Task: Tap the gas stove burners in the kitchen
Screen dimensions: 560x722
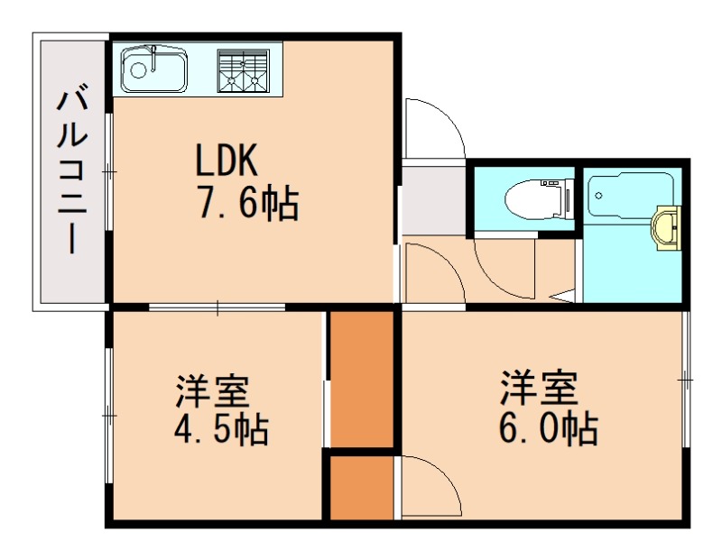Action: tap(243, 70)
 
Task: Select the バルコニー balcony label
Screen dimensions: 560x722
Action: tap(72, 171)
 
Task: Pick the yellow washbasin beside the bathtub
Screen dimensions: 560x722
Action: tap(667, 225)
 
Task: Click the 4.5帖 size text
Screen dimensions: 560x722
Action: tap(221, 429)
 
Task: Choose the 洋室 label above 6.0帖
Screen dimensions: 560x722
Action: tap(539, 389)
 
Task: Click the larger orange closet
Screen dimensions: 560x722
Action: tap(362, 378)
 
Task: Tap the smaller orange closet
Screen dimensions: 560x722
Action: tap(361, 488)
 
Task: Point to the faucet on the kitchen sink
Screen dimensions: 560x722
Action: tap(155, 56)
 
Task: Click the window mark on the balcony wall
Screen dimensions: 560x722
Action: tap(108, 170)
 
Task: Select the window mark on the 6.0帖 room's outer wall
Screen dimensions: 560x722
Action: tap(685, 380)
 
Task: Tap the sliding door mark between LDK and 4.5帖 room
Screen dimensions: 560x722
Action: tap(218, 308)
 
